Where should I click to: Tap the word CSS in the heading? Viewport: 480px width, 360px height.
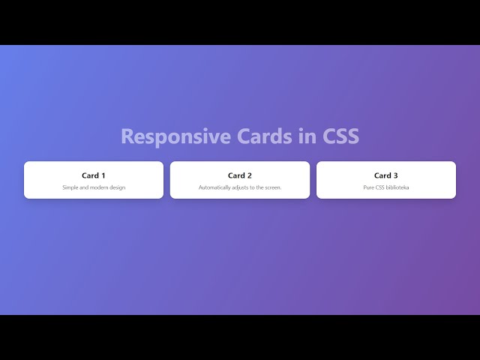pyautogui.click(x=340, y=136)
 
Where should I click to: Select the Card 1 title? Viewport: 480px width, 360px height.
pyautogui.click(x=94, y=175)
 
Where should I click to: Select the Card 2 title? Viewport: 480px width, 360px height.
pyautogui.click(x=240, y=175)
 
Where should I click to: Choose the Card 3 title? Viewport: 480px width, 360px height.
pyautogui.click(x=386, y=175)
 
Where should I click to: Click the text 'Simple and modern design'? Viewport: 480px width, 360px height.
pyautogui.click(x=94, y=187)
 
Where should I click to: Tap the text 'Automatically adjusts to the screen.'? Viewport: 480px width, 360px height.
pyautogui.click(x=240, y=187)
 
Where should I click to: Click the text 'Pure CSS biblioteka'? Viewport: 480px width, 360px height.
pyautogui.click(x=386, y=187)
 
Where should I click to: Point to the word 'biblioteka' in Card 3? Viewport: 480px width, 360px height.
pyautogui.click(x=397, y=187)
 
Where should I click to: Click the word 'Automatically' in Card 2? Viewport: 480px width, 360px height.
pyautogui.click(x=215, y=187)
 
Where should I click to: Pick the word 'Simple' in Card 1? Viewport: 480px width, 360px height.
pyautogui.click(x=70, y=187)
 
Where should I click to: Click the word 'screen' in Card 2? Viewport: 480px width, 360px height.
pyautogui.click(x=272, y=187)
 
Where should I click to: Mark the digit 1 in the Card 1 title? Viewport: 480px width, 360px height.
pyautogui.click(x=103, y=175)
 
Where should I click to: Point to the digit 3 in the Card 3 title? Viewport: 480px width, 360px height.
pyautogui.click(x=396, y=175)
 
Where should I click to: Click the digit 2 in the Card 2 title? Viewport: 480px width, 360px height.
pyautogui.click(x=250, y=175)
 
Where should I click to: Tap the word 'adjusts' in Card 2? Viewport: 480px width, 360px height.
pyautogui.click(x=242, y=187)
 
